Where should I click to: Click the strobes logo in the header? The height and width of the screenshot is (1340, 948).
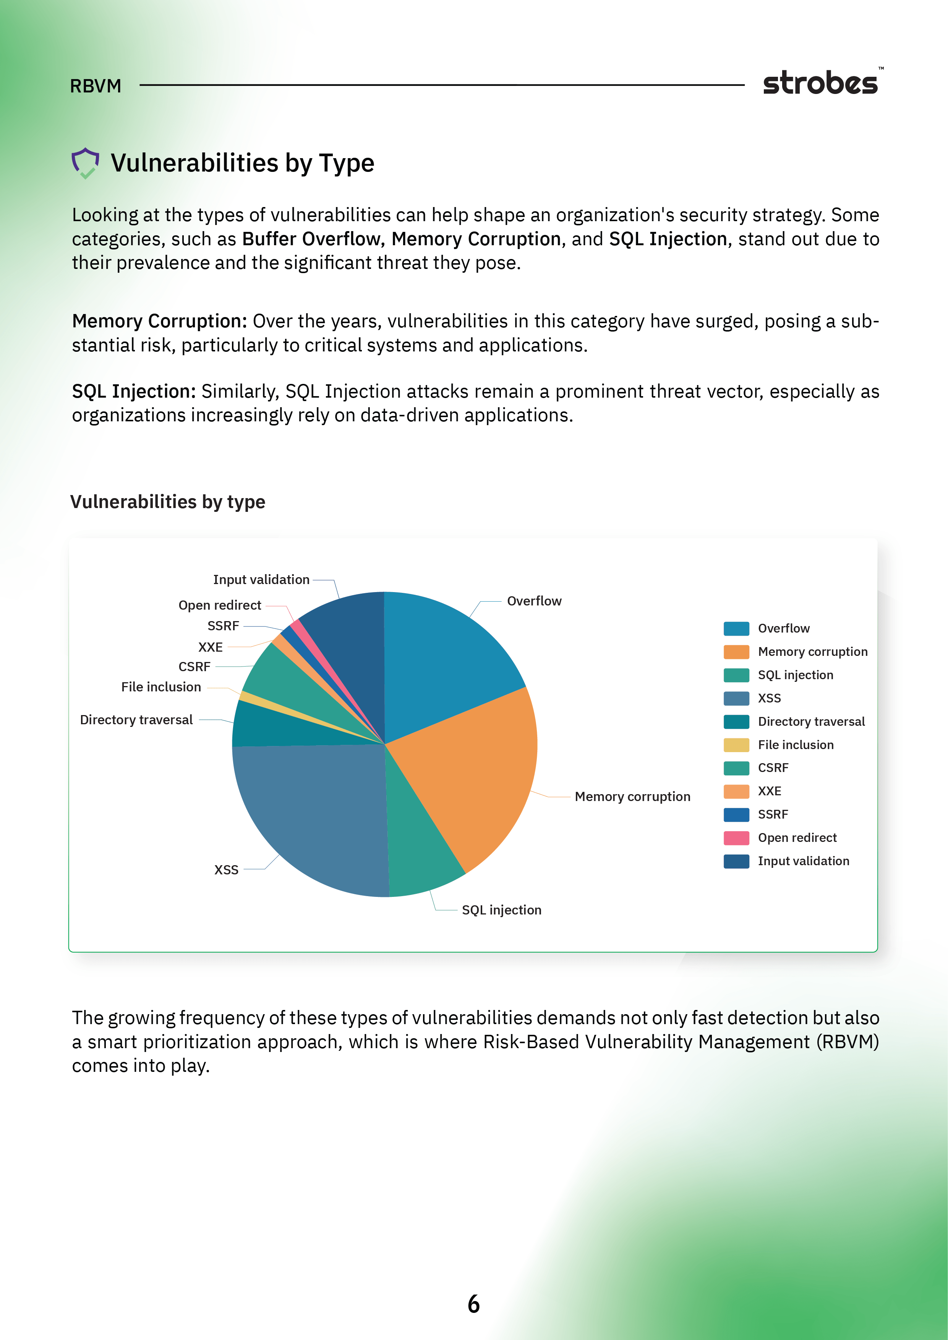click(821, 83)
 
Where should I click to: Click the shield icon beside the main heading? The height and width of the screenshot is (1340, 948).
click(85, 163)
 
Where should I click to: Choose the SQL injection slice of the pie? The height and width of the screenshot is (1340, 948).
click(420, 852)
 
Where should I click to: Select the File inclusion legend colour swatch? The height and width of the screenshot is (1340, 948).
click(736, 745)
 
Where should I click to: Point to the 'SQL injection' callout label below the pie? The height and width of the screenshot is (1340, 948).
click(501, 910)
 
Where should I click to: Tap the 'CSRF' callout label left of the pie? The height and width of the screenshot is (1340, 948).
click(194, 667)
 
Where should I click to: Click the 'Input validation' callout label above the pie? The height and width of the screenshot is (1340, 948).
click(261, 579)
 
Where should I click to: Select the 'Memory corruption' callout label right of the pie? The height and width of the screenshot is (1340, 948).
click(632, 797)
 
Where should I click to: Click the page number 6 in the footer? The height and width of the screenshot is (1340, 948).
click(473, 1304)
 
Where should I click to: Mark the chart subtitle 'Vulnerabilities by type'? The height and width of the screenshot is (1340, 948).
click(167, 502)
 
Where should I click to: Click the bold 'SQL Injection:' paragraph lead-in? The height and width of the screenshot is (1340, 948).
click(134, 391)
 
